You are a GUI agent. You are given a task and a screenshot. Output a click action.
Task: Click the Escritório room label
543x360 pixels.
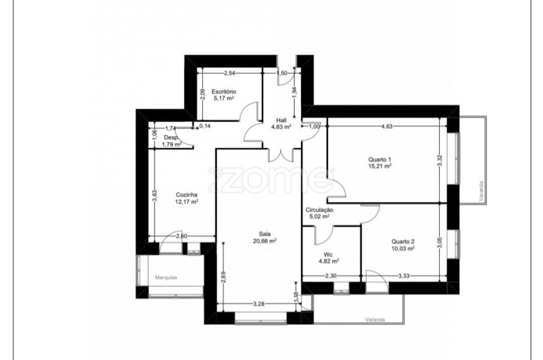(224, 92)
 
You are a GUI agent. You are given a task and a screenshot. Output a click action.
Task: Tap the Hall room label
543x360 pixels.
(281, 121)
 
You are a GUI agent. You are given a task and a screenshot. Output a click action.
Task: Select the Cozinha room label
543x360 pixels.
(186, 195)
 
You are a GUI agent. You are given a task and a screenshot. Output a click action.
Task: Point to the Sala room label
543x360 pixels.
(265, 234)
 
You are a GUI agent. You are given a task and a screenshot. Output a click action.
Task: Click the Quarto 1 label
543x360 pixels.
(380, 160)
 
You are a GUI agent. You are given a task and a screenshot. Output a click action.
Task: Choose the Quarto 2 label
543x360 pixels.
(403, 242)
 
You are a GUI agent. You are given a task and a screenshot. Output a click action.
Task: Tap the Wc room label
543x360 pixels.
(328, 254)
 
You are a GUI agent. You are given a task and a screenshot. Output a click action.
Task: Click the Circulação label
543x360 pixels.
(319, 210)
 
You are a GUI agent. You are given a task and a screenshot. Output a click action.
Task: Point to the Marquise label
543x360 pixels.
(166, 277)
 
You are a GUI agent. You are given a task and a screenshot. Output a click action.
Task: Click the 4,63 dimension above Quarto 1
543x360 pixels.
(387, 127)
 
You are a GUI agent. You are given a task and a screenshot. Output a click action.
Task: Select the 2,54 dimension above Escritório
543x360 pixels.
(230, 73)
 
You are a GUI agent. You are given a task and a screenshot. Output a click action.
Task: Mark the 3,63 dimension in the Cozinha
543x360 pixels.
(155, 196)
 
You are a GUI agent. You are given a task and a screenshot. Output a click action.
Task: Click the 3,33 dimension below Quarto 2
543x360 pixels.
(404, 276)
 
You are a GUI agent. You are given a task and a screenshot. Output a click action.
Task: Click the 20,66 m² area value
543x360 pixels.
(265, 241)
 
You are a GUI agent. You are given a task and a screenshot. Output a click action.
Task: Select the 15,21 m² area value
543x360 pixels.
(380, 166)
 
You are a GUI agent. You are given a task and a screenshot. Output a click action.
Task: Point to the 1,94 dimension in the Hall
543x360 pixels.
(294, 92)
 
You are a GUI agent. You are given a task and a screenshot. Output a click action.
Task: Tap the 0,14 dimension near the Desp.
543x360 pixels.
(205, 126)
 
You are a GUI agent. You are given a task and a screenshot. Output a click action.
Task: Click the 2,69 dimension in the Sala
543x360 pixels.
(223, 277)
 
